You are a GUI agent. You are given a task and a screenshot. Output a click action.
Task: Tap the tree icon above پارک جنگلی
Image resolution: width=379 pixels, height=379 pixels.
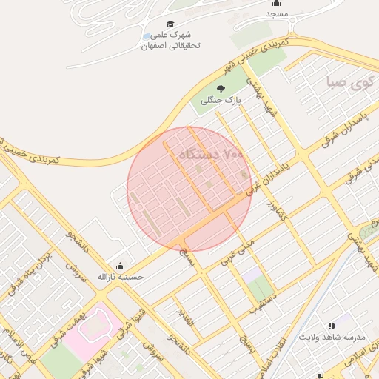click(x=220, y=89)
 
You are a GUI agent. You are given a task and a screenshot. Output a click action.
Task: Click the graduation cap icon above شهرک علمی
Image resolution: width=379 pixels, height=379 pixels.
click(x=171, y=24)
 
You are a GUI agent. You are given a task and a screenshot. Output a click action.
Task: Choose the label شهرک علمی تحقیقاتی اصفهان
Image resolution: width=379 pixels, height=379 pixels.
click(x=171, y=40)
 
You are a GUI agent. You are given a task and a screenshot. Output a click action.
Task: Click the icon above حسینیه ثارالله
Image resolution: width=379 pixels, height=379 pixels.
click(x=121, y=266)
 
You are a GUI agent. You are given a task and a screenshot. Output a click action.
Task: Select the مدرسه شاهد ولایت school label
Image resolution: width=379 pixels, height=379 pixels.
click(x=332, y=337)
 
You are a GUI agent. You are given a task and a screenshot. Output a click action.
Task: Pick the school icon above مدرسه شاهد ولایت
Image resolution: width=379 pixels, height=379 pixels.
click(x=332, y=326)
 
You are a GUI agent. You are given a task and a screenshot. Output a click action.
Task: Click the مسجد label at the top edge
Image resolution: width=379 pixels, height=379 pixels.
click(x=277, y=14)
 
